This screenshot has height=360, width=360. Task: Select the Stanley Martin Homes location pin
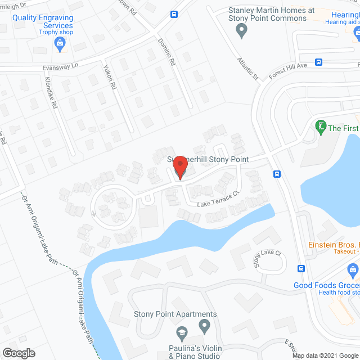pyautogui.click(x=243, y=31)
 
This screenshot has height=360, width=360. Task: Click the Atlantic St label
pyautogui.click(x=247, y=67)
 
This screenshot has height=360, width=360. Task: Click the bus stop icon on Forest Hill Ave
pyautogui.click(x=318, y=62)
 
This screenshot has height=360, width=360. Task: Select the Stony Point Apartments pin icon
pyautogui.click(x=205, y=325)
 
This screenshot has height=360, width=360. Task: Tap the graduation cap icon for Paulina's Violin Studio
pyautogui.click(x=182, y=333)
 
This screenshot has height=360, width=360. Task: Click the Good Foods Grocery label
pyautogui.click(x=326, y=285)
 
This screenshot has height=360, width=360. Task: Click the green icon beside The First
pyautogui.click(x=321, y=127)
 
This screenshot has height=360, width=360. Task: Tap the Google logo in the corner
pyautogui.click(x=19, y=353)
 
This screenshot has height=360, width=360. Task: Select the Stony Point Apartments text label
pyautogui.click(x=175, y=314)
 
